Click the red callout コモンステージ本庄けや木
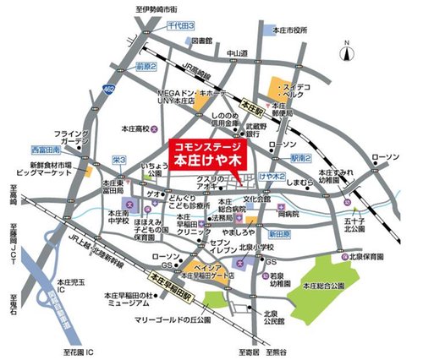click(x=206, y=151)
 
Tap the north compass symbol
click(x=347, y=53)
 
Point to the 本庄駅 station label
click(x=251, y=107)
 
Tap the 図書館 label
click(x=201, y=40)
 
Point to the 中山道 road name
click(x=237, y=53)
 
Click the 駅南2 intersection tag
click(x=303, y=157)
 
